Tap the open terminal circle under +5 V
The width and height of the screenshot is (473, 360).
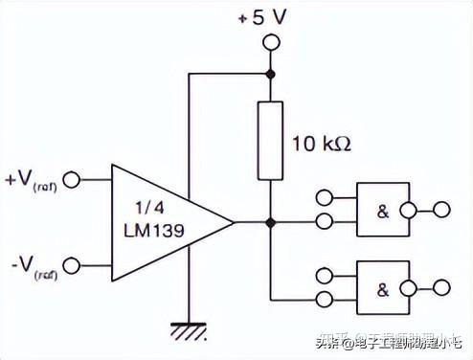pyautogui.click(x=271, y=42)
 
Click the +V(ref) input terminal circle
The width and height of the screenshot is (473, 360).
pyautogui.click(x=71, y=178)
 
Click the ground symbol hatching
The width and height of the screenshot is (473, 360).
pyautogui.click(x=189, y=331)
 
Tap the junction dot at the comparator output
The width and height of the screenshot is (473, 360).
pyautogui.click(x=271, y=222)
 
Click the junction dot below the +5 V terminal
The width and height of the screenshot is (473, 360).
pyautogui.click(x=271, y=73)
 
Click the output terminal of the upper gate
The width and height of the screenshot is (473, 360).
pyautogui.click(x=441, y=209)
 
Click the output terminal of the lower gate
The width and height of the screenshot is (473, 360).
pyautogui.click(x=441, y=286)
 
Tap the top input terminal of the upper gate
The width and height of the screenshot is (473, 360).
pyautogui.click(x=323, y=198)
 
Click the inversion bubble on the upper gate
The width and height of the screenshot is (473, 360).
pyautogui.click(x=409, y=209)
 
